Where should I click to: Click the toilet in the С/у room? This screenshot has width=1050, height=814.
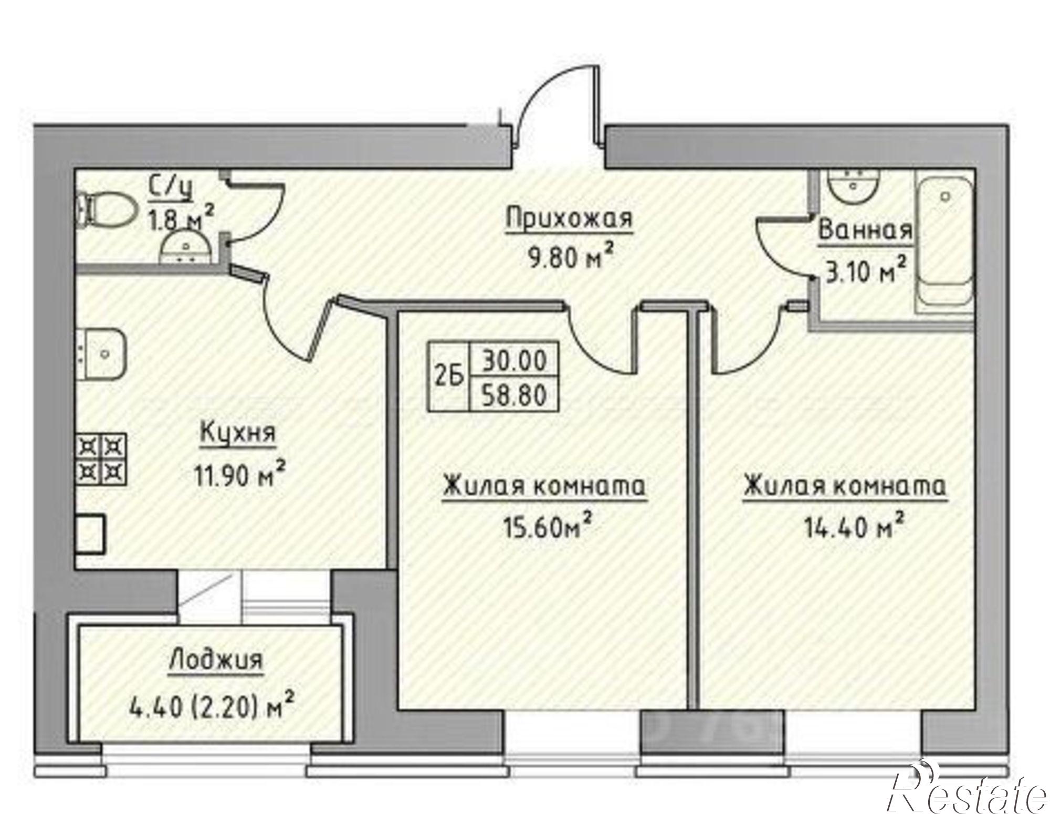[x=105, y=208]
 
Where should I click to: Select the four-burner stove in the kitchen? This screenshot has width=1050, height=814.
[x=103, y=458]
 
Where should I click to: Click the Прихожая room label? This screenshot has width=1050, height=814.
[x=569, y=218]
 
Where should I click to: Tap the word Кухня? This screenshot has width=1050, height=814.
[x=238, y=434]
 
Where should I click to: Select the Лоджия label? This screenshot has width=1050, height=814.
[x=215, y=660]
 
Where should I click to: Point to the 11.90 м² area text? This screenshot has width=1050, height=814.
[x=240, y=476]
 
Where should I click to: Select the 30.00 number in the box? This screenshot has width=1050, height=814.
[x=514, y=361]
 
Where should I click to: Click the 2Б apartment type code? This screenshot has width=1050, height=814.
[x=449, y=377]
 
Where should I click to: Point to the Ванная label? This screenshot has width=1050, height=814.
[x=864, y=231]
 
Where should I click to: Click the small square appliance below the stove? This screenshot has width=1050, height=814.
[x=91, y=533]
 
